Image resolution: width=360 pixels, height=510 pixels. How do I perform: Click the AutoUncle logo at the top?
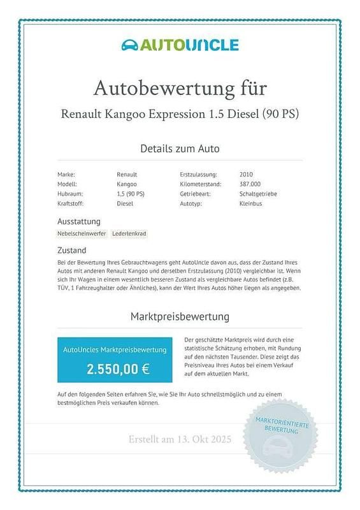pyautogui.click(x=180, y=45)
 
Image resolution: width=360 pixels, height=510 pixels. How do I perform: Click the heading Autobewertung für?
pyautogui.click(x=180, y=87)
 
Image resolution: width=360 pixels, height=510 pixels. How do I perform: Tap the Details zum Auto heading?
pyautogui.click(x=180, y=149)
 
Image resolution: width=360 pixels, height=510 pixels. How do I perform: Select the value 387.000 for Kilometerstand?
pyautogui.click(x=250, y=184)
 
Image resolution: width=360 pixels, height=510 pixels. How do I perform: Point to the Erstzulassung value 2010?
pyautogui.click(x=246, y=174)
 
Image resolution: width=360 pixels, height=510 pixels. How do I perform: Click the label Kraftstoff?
pyautogui.click(x=70, y=203)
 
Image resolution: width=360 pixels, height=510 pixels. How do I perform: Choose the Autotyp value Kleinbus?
pyautogui.click(x=251, y=203)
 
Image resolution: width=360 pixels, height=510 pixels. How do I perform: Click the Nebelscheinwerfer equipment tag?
pyautogui.click(x=82, y=234)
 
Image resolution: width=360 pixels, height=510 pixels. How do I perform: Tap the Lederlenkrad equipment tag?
pyautogui.click(x=129, y=234)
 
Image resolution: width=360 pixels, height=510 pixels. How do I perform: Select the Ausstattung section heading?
pyautogui.click(x=79, y=221)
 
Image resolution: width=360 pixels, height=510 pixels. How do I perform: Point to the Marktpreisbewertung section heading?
pyautogui.click(x=180, y=316)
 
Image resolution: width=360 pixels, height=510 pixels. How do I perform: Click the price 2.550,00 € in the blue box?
pyautogui.click(x=119, y=368)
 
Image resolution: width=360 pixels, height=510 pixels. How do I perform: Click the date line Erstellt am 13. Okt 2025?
pyautogui.click(x=180, y=440)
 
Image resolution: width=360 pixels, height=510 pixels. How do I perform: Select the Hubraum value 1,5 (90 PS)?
pyautogui.click(x=131, y=194)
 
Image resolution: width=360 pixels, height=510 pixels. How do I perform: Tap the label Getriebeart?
pyautogui.click(x=196, y=194)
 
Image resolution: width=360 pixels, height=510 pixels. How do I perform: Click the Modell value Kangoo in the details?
pyautogui.click(x=126, y=184)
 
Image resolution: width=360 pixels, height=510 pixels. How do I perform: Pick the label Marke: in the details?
pyautogui.click(x=66, y=174)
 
